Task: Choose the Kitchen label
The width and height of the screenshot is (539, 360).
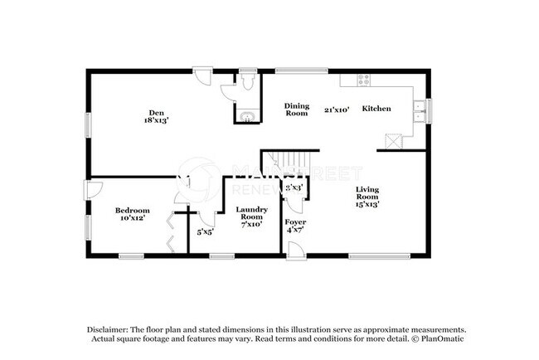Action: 376,109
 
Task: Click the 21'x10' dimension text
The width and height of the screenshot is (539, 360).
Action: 336,109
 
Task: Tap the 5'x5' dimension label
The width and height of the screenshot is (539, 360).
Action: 205,232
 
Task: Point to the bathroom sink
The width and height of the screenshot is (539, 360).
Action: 246,114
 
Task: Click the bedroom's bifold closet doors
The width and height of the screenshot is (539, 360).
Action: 171,231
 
